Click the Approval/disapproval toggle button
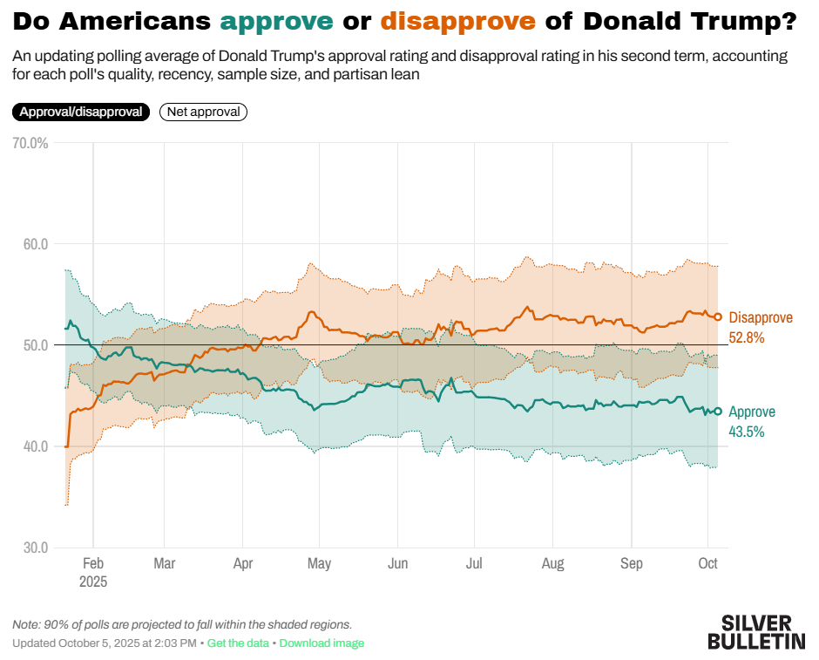pos(81,112)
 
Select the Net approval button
pos(204,112)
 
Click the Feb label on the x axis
pos(93,564)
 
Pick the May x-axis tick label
pos(320,564)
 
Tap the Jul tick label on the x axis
pos(474,564)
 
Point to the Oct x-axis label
pos(708,564)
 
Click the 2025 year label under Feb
pos(93,582)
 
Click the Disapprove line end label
pos(761,317)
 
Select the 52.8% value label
pos(747,337)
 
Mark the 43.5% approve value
pos(747,432)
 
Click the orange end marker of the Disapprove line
pos(718,317)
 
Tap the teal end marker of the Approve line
pos(718,412)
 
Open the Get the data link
pos(239,643)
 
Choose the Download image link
pos(322,643)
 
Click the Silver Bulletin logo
pos(756,632)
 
